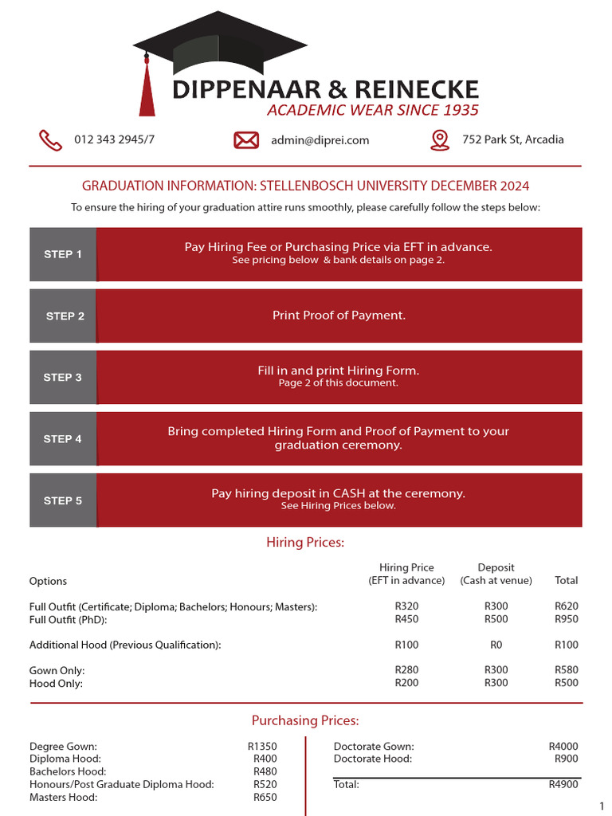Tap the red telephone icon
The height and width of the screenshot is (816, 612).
click(x=51, y=140)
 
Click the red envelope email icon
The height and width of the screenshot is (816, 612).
click(x=246, y=140)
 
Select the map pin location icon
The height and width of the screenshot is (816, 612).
click(x=439, y=140)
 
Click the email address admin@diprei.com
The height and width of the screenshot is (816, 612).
click(x=320, y=140)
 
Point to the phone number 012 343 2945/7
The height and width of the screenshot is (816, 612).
click(x=114, y=139)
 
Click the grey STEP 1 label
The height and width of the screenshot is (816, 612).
click(x=63, y=254)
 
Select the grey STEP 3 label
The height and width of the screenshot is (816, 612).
click(x=63, y=377)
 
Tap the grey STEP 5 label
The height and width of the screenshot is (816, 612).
click(x=63, y=500)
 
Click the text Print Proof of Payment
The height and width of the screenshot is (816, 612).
click(x=339, y=316)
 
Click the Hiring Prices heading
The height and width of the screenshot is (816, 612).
click(x=305, y=543)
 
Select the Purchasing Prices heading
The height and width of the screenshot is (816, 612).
click(x=305, y=721)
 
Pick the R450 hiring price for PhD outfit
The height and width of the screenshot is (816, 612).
click(x=406, y=619)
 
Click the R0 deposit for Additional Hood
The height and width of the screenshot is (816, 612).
click(x=496, y=645)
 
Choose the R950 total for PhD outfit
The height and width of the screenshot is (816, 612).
click(x=567, y=619)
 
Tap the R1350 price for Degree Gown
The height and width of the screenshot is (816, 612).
click(x=262, y=747)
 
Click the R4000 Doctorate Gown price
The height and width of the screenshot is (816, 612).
click(x=563, y=747)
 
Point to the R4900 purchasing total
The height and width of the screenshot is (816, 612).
click(x=563, y=785)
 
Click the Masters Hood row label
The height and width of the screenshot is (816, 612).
click(x=64, y=797)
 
